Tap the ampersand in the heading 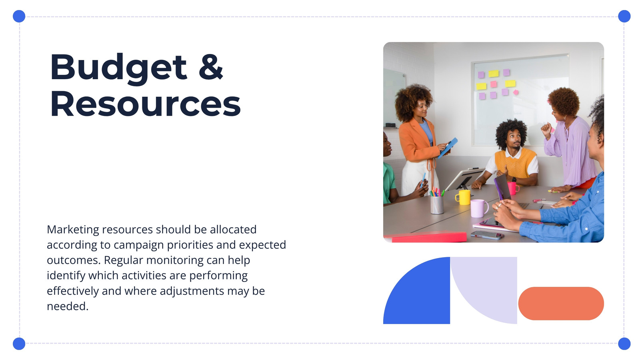coord(211,66)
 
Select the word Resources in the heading coord(146,103)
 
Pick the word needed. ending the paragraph coord(68,306)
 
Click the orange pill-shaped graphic coord(561,304)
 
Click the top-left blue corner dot coord(19,16)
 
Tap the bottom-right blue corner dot coord(624,344)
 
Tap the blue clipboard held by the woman coord(448,148)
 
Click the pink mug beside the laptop coord(513,188)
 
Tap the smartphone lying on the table coord(487,235)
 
